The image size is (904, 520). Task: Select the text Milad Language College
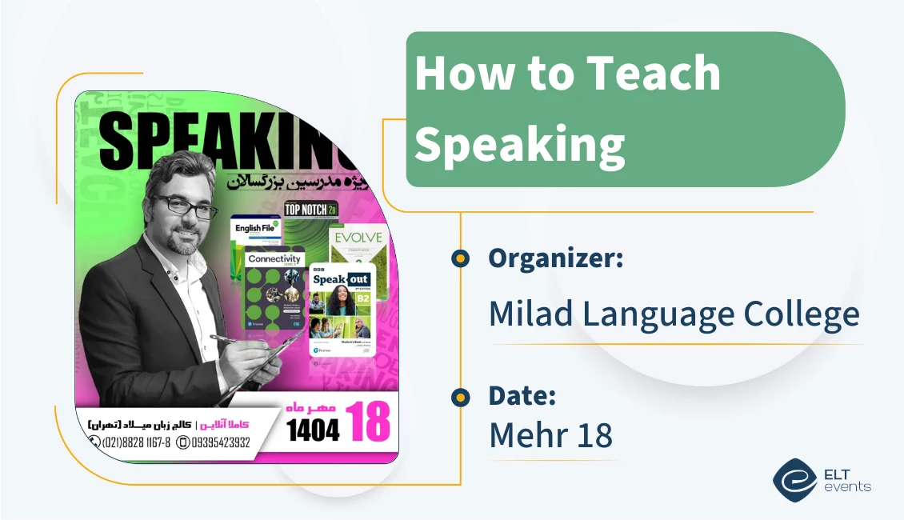click(x=674, y=314)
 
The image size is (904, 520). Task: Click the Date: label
click(x=522, y=395)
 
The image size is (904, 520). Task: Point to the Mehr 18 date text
click(x=550, y=434)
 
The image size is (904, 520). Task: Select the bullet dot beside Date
click(x=460, y=396)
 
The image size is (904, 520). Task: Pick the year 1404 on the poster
click(x=314, y=430)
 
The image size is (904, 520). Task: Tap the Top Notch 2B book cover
click(x=307, y=216)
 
